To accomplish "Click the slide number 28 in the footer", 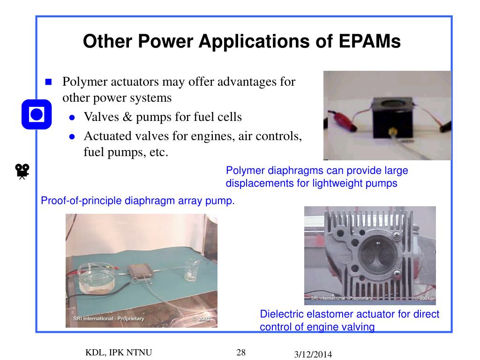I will [241, 352].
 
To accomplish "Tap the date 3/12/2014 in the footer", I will [313, 355].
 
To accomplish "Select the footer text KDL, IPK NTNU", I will [119, 352].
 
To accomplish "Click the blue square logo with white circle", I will [36, 114].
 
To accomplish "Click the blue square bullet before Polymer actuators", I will [48, 82].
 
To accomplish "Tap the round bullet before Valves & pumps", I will [72, 118].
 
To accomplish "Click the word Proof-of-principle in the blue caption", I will [82, 201].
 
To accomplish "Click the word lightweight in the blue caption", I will [336, 183].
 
